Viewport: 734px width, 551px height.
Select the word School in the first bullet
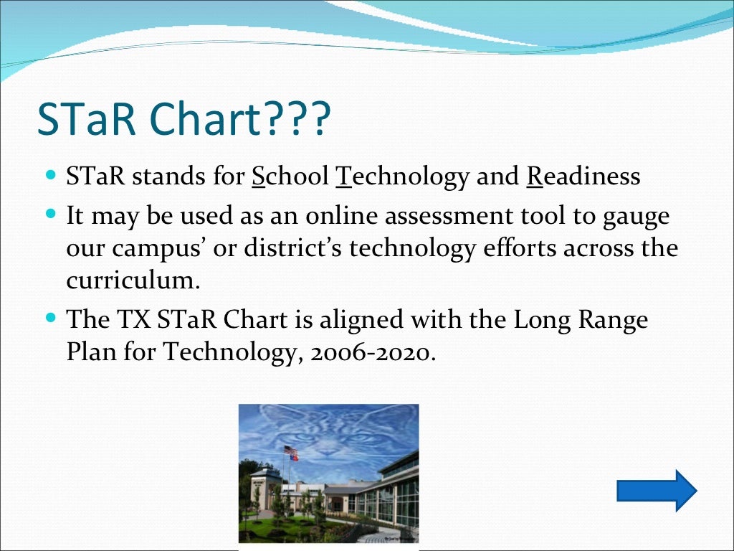click(x=290, y=176)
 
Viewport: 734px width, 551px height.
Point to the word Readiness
click(x=583, y=176)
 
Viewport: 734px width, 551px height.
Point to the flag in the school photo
click(x=290, y=452)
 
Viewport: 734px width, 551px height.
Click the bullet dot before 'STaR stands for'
click(x=50, y=174)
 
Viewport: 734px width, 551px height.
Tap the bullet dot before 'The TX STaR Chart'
click(x=50, y=316)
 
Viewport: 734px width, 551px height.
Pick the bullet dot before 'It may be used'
click(x=50, y=213)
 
